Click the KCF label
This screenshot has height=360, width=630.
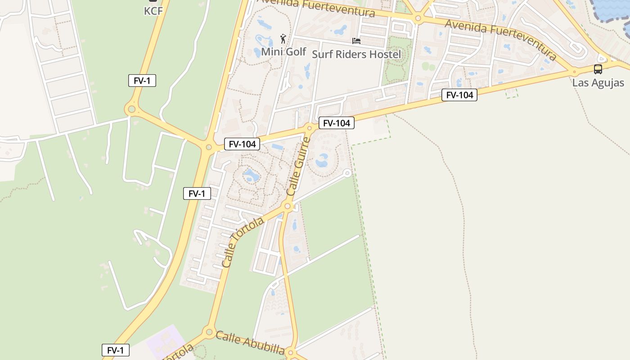[x=153, y=11]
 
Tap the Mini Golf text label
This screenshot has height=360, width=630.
[x=283, y=52]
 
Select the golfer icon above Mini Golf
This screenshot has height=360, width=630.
[x=283, y=39]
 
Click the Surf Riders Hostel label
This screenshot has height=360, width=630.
[x=356, y=54]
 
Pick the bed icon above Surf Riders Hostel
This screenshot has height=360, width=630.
[x=356, y=41]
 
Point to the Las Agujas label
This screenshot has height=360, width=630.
[x=598, y=83]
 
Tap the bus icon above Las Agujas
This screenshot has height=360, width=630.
[x=598, y=69]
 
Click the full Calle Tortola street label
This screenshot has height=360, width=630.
[x=243, y=242]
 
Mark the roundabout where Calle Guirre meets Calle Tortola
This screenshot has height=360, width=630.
[x=288, y=207]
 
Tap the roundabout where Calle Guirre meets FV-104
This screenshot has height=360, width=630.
[x=309, y=128]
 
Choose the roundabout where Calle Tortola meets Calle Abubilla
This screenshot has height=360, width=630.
[x=209, y=333]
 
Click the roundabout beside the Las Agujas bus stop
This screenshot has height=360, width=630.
[x=574, y=72]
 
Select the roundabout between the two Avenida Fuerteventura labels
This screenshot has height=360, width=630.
[x=418, y=19]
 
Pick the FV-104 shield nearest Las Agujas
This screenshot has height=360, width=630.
[x=459, y=95]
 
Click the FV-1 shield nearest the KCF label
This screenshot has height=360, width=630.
[x=142, y=81]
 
